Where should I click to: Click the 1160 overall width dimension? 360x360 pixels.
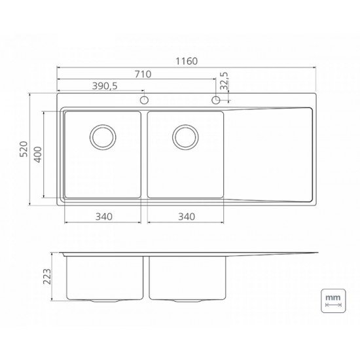pyautogui.click(x=187, y=62)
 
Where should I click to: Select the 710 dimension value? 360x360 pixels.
pyautogui.click(x=143, y=74)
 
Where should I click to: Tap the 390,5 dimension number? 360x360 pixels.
pyautogui.click(x=105, y=86)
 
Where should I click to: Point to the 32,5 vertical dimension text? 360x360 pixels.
pyautogui.click(x=224, y=81)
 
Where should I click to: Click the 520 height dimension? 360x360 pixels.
pyautogui.click(x=24, y=149)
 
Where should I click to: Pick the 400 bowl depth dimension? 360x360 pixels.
pyautogui.click(x=38, y=154)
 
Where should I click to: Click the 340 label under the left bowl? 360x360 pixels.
pyautogui.click(x=104, y=217)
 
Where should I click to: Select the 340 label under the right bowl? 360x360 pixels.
pyautogui.click(x=187, y=217)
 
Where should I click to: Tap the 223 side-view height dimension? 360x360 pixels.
pyautogui.click(x=47, y=276)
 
